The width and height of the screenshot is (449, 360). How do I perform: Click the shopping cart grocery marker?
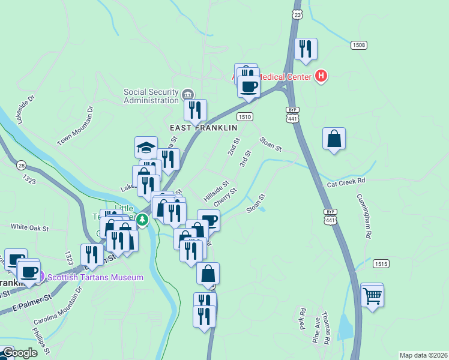pos(372,295)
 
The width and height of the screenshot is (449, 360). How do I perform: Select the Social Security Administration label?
pos(151,96)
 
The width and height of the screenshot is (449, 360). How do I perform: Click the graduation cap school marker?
pos(146,148)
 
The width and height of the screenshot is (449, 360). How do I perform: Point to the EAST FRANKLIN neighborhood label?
pos(203,128)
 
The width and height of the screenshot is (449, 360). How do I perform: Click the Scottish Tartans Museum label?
pos(95,277)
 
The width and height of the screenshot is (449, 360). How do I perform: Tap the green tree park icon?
pos(142,220)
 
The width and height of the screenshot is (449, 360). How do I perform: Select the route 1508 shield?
pos(359,46)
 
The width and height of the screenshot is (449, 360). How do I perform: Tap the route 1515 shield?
pos(381,263)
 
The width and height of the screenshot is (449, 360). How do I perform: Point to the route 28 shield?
pos(22,165)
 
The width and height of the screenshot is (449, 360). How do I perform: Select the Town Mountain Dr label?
pos(76,126)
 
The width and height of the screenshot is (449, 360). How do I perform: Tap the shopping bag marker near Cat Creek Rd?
pos(334,139)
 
